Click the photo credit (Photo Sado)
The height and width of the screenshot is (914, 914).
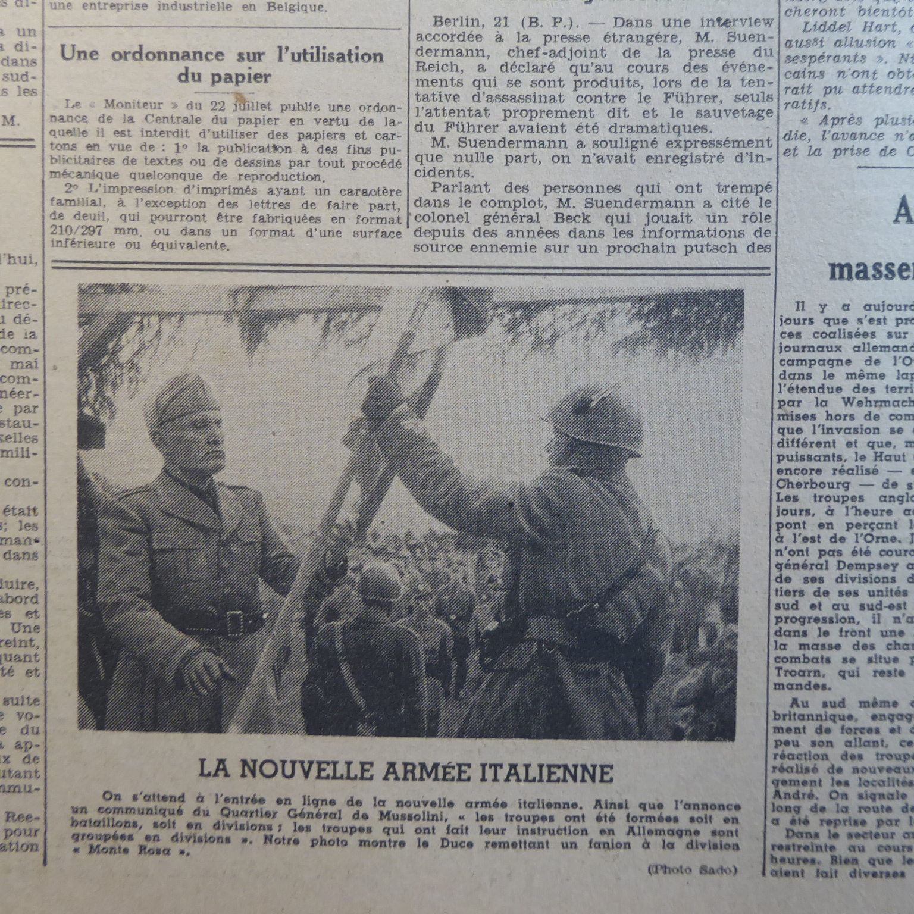[x=692, y=869]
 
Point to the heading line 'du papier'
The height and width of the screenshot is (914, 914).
[x=224, y=76]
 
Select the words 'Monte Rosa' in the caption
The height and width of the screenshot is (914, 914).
[x=137, y=850]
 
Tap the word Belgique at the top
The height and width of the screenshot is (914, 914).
[x=290, y=8]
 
